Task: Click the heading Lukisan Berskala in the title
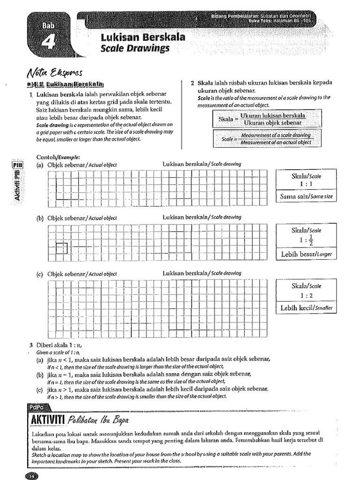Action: [x=143, y=37]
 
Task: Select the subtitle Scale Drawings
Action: [x=135, y=48]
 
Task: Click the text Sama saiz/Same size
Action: [x=306, y=197]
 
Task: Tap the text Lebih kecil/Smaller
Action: [x=306, y=308]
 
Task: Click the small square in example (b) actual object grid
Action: [x=62, y=248]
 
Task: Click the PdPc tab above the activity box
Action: [x=36, y=407]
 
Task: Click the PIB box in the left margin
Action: [x=17, y=165]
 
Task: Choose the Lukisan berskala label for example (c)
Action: [x=202, y=273]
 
